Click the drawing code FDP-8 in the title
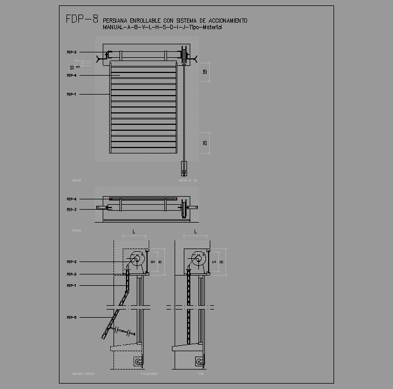click(x=82, y=19)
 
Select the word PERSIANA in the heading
click(x=116, y=21)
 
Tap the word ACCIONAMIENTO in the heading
click(x=227, y=21)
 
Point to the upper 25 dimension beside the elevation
click(x=205, y=72)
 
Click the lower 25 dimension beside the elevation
click(x=205, y=143)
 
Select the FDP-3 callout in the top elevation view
click(x=71, y=52)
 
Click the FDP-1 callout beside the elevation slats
click(x=71, y=95)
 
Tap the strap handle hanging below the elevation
click(x=184, y=168)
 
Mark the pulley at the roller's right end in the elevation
click(x=184, y=55)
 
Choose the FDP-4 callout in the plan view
click(x=71, y=199)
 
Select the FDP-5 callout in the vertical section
click(x=71, y=274)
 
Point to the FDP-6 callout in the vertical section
click(x=71, y=318)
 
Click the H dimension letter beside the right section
click(x=222, y=262)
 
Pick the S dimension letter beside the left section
click(x=152, y=262)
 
